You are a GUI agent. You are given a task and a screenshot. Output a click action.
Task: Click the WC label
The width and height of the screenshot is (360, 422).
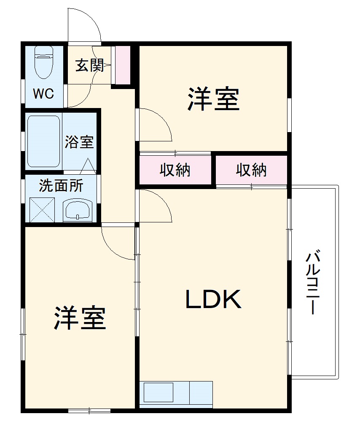(43, 94)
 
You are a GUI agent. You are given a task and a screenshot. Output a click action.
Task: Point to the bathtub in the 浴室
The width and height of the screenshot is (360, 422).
(43, 141)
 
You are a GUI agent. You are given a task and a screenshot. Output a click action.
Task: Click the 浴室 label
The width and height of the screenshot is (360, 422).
(79, 142)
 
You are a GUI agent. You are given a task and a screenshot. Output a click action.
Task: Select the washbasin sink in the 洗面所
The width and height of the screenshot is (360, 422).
(78, 210)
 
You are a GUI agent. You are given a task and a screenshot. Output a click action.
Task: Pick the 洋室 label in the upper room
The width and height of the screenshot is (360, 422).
(213, 99)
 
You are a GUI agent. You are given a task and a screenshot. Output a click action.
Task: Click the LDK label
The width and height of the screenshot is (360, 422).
(213, 299)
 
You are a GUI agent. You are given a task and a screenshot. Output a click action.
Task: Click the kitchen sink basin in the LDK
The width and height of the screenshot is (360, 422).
(159, 392)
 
